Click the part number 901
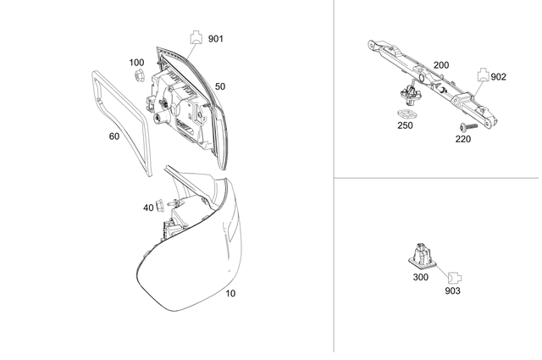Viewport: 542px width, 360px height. (x=216, y=38)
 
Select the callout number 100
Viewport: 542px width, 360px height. (x=136, y=63)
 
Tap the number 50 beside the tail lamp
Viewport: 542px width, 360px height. (x=220, y=86)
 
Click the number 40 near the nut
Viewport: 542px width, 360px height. (x=148, y=208)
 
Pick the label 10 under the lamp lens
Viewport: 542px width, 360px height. (x=230, y=294)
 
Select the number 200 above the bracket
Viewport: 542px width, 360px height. (x=441, y=65)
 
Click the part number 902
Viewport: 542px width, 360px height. (x=498, y=76)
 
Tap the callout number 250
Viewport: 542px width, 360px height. (x=405, y=125)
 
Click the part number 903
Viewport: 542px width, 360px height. (x=453, y=291)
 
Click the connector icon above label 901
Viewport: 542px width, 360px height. (x=195, y=35)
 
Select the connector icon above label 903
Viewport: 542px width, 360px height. (x=453, y=275)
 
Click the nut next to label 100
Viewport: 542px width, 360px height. (x=135, y=77)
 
